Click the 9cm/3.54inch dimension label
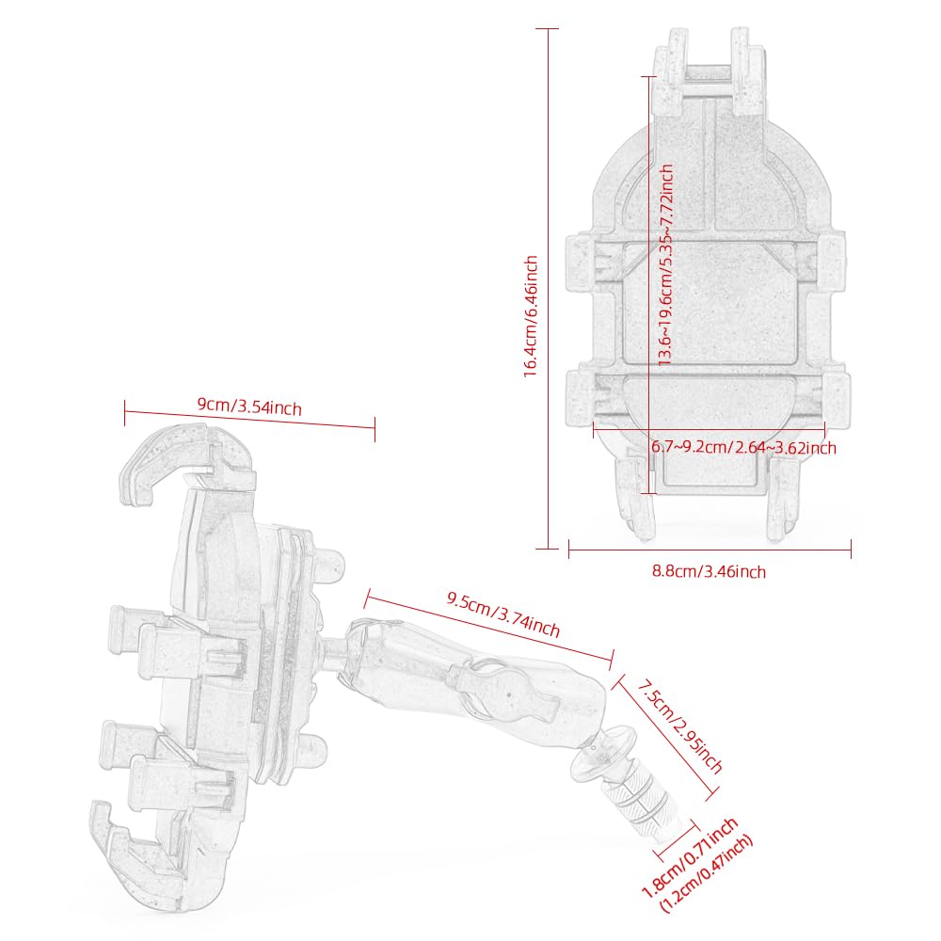[249, 407]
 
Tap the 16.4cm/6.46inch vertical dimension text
[531, 316]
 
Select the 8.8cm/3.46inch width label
[709, 571]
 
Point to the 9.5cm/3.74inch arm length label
[502, 614]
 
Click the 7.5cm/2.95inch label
[679, 726]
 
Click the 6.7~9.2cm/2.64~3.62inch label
[743, 447]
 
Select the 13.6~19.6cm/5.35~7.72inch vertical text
[665, 265]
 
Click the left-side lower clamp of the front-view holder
[581, 397]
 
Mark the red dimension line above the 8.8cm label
[710, 550]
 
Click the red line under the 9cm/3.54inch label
[249, 419]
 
